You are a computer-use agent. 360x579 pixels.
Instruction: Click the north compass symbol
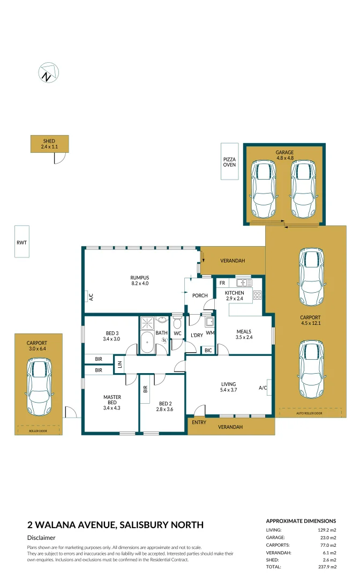point(48,73)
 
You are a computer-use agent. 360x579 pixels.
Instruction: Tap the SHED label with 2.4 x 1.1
point(49,144)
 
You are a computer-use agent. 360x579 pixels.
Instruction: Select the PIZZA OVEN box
point(230,161)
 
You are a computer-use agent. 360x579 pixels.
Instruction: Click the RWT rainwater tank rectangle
point(21,242)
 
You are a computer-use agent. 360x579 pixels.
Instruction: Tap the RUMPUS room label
point(139,280)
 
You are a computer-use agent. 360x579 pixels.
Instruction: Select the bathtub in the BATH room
point(146,341)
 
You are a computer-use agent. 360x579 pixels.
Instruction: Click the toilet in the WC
point(178,322)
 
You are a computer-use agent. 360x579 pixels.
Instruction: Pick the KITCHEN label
point(234,295)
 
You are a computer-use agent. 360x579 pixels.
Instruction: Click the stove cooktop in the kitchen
point(257,295)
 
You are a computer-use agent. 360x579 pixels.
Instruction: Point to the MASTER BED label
point(112,400)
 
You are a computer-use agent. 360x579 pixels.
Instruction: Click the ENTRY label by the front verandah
point(199,423)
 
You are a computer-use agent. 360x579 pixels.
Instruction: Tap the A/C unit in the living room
point(264,387)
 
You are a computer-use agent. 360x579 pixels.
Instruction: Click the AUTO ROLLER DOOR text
point(310,413)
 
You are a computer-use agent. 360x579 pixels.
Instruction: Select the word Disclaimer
point(41,538)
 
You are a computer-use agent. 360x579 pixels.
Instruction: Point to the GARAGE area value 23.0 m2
point(327,537)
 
